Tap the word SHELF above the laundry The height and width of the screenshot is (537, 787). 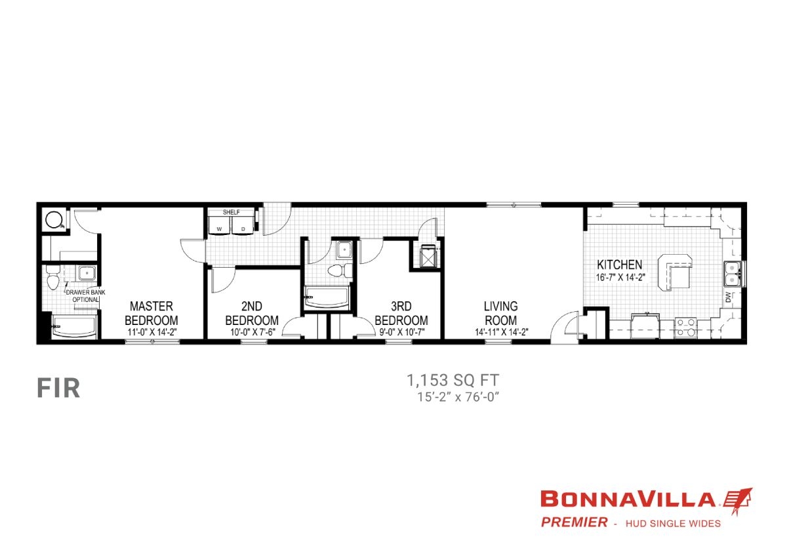pyautogui.click(x=231, y=213)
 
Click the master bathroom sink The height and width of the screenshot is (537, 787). pyautogui.click(x=85, y=274)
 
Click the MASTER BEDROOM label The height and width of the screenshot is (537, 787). pyautogui.click(x=151, y=312)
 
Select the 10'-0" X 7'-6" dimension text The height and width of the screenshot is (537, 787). pyautogui.click(x=252, y=332)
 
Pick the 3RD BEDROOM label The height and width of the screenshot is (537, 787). pyautogui.click(x=401, y=312)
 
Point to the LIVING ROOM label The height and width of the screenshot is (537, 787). pyautogui.click(x=500, y=312)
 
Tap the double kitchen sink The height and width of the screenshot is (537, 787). pyautogui.click(x=732, y=274)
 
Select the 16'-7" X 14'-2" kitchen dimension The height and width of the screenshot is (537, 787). pyautogui.click(x=621, y=277)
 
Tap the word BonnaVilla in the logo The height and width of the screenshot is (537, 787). pyautogui.click(x=628, y=500)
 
